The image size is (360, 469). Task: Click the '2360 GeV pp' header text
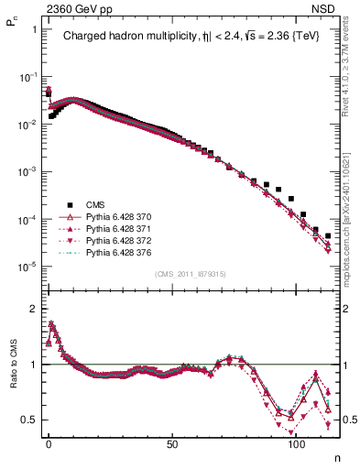(73, 9)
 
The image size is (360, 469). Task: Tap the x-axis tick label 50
(172, 443)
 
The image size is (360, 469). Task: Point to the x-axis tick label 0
(49, 443)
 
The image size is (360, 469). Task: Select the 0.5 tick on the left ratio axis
(29, 420)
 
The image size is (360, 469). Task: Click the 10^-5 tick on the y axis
(27, 267)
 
